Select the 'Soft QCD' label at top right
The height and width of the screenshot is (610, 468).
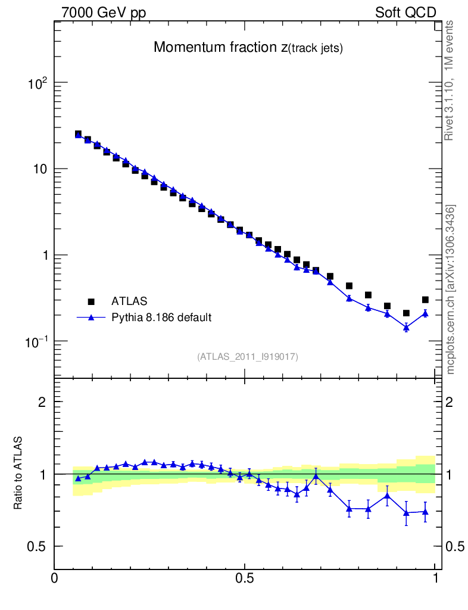(x=405, y=13)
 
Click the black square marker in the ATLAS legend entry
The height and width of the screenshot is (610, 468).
(x=92, y=301)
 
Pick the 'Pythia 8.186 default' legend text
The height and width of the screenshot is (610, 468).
(x=161, y=318)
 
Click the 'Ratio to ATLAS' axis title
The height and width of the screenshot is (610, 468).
(x=18, y=473)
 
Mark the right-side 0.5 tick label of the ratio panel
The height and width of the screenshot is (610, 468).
(x=455, y=547)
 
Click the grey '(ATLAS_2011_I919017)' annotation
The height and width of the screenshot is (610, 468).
(x=248, y=357)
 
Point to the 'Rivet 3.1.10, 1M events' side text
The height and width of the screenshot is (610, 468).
(x=450, y=80)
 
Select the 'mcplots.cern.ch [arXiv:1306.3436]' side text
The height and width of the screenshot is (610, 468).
(x=451, y=289)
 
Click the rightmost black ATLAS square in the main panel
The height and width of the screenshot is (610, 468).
(x=425, y=300)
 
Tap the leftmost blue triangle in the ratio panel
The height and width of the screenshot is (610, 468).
(x=78, y=478)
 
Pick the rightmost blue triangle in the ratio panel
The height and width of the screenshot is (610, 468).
(x=425, y=512)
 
